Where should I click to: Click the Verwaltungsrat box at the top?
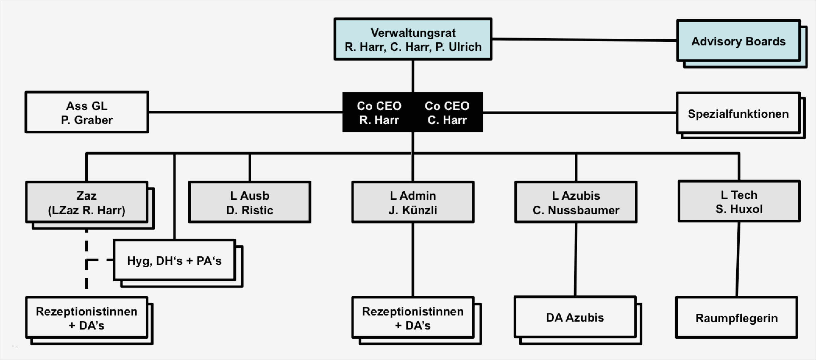click(x=413, y=39)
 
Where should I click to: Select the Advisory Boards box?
click(x=738, y=41)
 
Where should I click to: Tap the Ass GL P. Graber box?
click(x=87, y=112)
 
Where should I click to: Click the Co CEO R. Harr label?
click(x=379, y=112)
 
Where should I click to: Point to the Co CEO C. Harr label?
click(x=447, y=112)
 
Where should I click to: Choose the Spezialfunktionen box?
click(x=738, y=113)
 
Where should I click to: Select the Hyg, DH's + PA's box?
click(x=174, y=260)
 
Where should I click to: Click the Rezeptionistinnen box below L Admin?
click(x=413, y=318)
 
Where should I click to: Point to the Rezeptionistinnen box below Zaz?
click(x=87, y=318)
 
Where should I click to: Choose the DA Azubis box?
click(x=575, y=317)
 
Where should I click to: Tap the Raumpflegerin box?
click(x=736, y=318)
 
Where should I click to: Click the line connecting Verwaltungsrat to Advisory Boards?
click(x=584, y=40)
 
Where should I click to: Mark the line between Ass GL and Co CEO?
click(x=246, y=112)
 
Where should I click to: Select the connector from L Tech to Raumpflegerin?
click(x=738, y=259)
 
